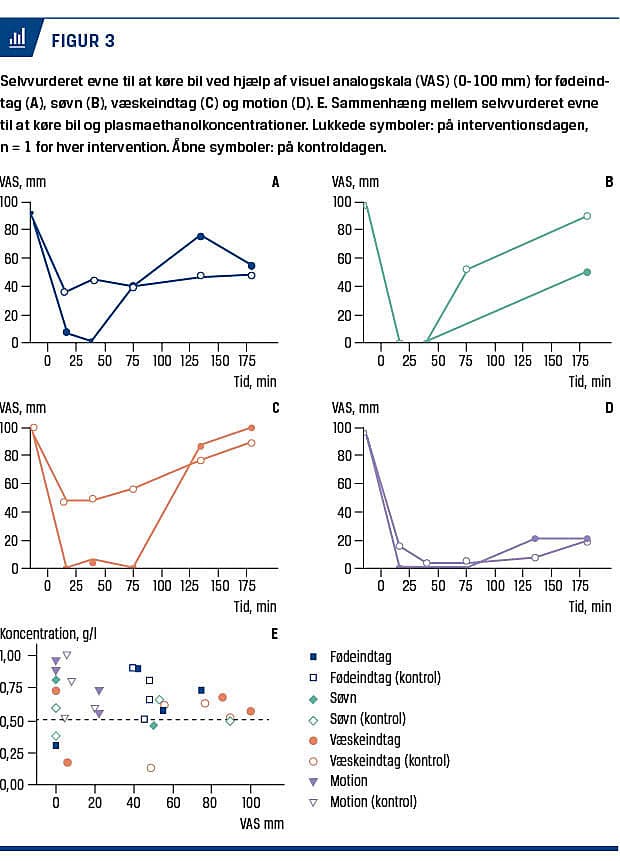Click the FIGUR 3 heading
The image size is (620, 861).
point(82,40)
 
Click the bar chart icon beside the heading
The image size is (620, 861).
point(18,39)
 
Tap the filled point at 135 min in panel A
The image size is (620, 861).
point(201,236)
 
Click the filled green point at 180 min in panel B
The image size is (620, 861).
point(587,272)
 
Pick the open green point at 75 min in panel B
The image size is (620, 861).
point(466,269)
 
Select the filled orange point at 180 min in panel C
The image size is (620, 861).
point(251,428)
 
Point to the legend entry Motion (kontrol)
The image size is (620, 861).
point(373,801)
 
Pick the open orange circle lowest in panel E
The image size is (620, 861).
point(150,768)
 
